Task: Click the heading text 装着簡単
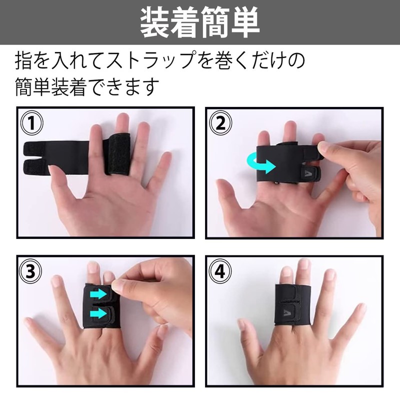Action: [x=200, y=22]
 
